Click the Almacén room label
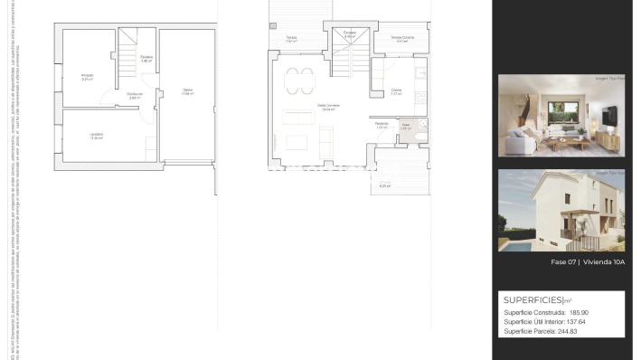point(88,76)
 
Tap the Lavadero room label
point(96,136)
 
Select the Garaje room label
point(187,90)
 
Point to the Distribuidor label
point(135,95)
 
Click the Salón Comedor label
point(326,107)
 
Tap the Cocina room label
point(396,91)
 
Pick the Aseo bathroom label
point(406,126)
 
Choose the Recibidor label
point(382,125)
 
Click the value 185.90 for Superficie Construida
point(586,313)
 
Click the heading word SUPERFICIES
point(533,299)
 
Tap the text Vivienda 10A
point(604,262)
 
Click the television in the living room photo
point(609,115)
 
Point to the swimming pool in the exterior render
point(518,243)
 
